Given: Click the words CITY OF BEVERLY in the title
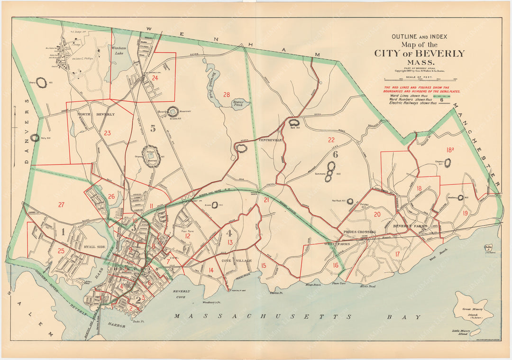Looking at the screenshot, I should pos(419,54).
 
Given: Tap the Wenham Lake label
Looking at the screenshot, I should pos(118,50).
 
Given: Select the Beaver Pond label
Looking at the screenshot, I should pos(238,104).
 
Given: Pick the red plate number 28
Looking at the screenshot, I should pos(227,94).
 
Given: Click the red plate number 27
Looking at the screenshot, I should pos(61,205).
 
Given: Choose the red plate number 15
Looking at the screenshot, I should pos(263,265).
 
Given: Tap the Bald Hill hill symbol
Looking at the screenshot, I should pos(293,123).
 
